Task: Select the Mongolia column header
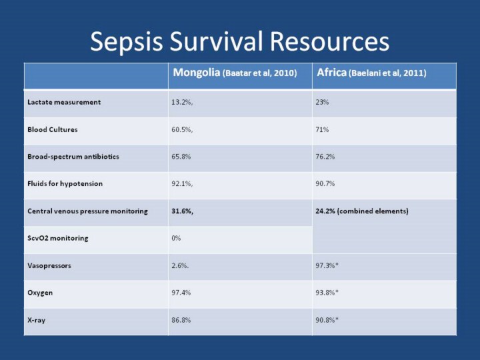coord(234,73)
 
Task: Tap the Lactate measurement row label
coord(64,102)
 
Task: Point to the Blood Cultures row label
coord(52,129)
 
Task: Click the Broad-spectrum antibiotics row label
coord(73,157)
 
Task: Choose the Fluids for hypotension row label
coord(65,183)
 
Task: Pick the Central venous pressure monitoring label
coord(87,211)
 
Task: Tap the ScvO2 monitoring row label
coord(57,238)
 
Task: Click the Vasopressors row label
coord(49,265)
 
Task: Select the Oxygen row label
coord(40,293)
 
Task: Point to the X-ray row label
coord(37,320)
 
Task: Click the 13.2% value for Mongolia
coord(183,102)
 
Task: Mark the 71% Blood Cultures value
coord(322,129)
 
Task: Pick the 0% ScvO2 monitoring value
coord(176,238)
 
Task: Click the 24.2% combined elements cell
coord(361,211)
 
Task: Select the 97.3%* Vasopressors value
coord(327,265)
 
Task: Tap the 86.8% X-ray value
coord(181,320)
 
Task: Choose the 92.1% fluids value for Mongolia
coord(183,183)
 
